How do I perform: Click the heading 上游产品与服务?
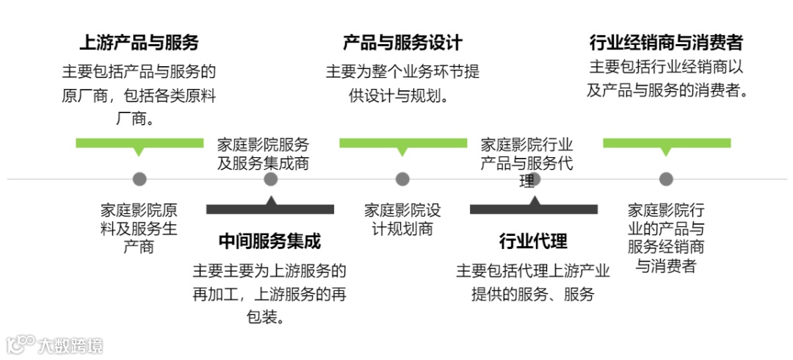tap(139, 43)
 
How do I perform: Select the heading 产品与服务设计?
tap(402, 43)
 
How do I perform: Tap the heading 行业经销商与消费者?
tap(665, 43)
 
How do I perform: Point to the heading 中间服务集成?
tap(270, 241)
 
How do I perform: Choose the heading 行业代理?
tap(533, 241)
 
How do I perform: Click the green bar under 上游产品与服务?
tap(140, 143)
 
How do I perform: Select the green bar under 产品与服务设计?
tap(402, 143)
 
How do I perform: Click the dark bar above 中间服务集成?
tap(270, 209)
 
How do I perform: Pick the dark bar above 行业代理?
tap(534, 209)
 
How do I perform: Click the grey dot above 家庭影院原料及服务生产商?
tap(140, 179)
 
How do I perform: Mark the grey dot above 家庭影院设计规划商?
tap(402, 179)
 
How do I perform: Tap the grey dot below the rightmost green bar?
tap(666, 179)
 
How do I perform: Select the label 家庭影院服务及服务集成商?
tap(263, 154)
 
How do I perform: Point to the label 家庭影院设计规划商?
tap(402, 219)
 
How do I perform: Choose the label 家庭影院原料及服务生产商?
tap(139, 228)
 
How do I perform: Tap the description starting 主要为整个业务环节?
tap(402, 84)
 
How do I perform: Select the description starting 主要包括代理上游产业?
tap(533, 283)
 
